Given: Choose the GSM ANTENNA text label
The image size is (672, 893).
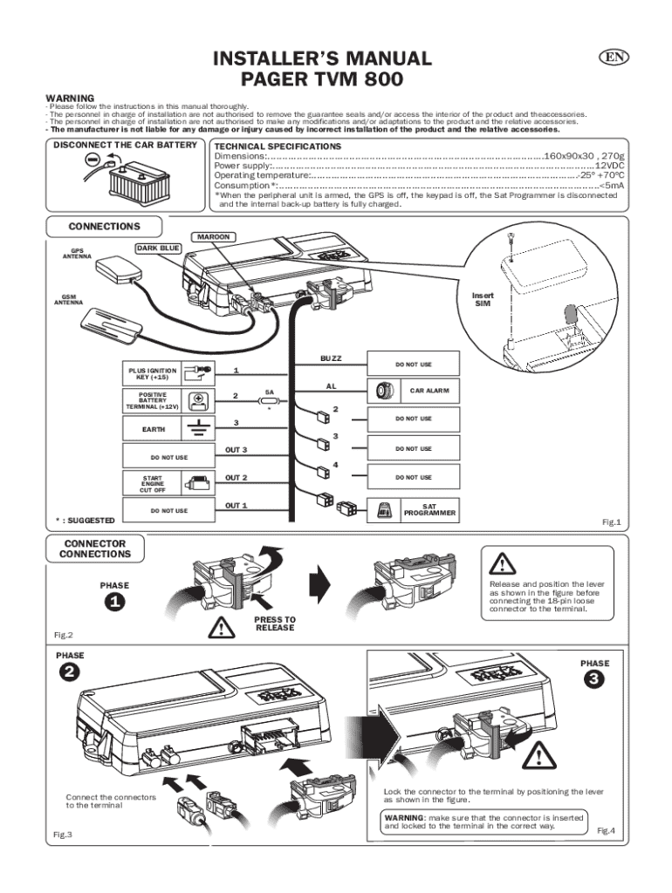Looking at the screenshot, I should pos(68,300).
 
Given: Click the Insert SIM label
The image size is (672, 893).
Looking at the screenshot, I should pos(483,298).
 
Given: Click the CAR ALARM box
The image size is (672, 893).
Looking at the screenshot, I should pos(411,391).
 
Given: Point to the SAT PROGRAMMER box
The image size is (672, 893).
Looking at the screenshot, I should pos(411,509).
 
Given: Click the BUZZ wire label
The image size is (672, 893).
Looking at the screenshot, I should pos(331,358).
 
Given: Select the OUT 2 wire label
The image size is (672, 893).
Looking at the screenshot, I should pos(237,477).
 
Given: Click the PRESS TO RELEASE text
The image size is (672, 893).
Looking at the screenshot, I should pos(275,624).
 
